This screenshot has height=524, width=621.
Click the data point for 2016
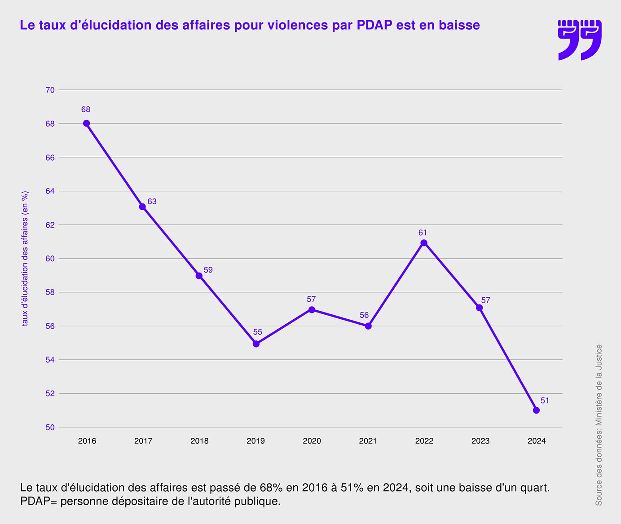click(x=86, y=123)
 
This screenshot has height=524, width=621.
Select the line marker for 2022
click(x=424, y=243)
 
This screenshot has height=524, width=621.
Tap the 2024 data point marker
click(x=536, y=410)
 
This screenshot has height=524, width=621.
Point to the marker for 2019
click(x=256, y=344)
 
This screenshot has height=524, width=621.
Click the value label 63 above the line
click(x=152, y=202)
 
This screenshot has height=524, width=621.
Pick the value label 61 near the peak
click(x=423, y=233)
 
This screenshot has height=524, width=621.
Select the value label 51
click(x=545, y=400)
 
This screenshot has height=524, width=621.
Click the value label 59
click(x=208, y=270)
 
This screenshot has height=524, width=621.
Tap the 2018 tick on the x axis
click(x=199, y=441)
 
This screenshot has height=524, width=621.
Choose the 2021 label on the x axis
click(x=368, y=441)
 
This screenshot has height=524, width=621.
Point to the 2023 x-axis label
click(x=480, y=441)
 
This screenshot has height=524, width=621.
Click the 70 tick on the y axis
click(x=50, y=90)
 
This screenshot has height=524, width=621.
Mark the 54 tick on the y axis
click(x=50, y=360)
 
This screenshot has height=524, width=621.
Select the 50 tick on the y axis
click(x=50, y=427)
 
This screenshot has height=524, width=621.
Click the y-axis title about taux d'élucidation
click(x=25, y=258)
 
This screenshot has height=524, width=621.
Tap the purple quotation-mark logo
click(x=579, y=40)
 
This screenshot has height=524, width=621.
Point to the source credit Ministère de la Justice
click(x=599, y=425)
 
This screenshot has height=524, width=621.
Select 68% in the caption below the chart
click(x=270, y=488)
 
